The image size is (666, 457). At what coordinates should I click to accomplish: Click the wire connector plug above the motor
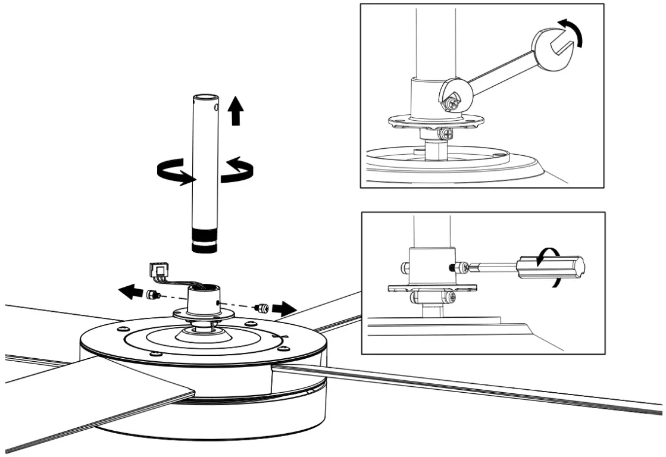158,272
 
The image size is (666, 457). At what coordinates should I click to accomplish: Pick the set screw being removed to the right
262,308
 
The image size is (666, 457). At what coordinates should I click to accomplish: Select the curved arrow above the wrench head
573,32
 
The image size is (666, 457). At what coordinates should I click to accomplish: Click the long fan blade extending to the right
476,387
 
